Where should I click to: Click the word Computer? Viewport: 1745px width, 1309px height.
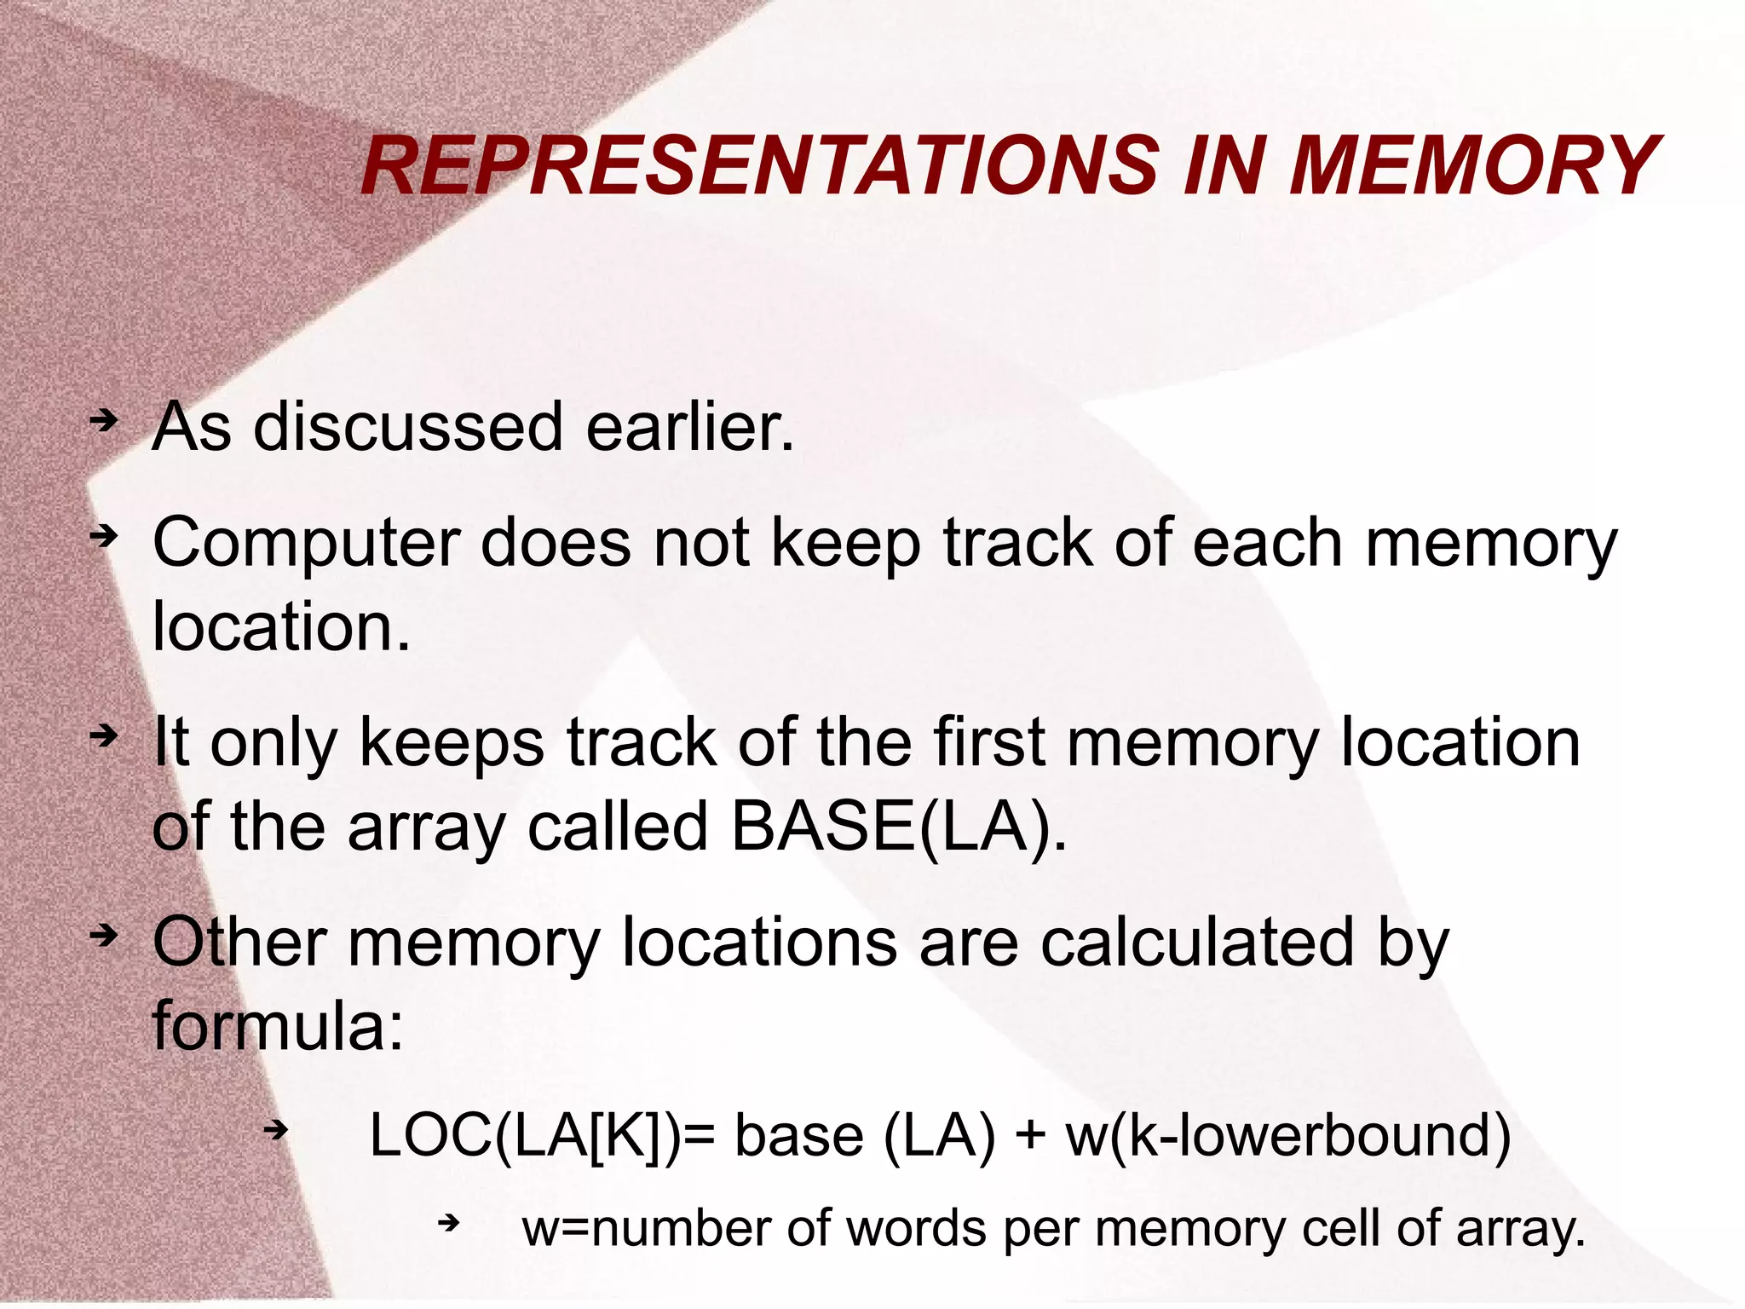(x=306, y=544)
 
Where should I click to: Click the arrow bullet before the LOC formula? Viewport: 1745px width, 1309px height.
(x=276, y=1131)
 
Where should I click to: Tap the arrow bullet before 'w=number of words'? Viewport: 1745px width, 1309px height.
(x=449, y=1225)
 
